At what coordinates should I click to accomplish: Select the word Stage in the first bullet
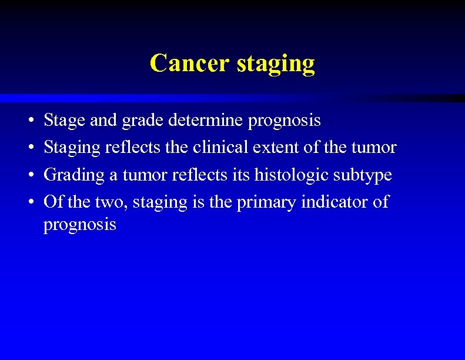point(65,121)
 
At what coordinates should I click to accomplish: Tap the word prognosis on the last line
point(80,225)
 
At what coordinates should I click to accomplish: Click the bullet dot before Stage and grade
point(29,121)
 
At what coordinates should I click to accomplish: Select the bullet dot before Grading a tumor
point(29,175)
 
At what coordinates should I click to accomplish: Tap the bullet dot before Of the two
point(29,202)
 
